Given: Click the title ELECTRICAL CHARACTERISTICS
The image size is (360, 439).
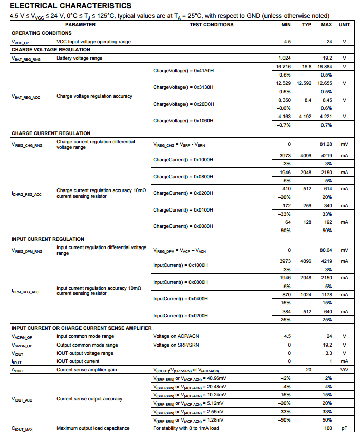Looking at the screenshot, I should tap(70, 6).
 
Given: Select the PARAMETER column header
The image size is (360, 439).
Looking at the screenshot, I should tap(80, 25).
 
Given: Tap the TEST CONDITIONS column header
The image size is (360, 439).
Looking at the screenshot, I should tap(211, 25).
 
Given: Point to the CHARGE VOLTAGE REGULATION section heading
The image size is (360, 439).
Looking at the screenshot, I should tap(51, 50).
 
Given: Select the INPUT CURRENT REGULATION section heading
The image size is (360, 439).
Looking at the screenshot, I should tap(48, 239).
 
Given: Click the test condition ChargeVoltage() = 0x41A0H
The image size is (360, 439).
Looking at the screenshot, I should tap(183, 71).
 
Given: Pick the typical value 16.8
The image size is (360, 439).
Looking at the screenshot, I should tap(307, 67).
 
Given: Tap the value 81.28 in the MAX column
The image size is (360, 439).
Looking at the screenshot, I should tap(326, 145).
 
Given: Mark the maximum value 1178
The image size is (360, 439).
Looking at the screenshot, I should tap(326, 295).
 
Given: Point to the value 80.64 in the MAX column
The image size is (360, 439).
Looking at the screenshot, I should tap(326, 250).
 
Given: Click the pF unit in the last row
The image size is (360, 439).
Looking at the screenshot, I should tap(344, 428).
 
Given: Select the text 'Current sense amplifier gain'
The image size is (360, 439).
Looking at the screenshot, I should tap(86, 370).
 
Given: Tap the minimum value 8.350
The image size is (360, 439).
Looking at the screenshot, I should tap(284, 100).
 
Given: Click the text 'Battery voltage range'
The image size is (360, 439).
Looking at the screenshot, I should tap(79, 58).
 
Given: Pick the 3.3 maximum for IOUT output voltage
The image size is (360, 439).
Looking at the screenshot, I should tap(328, 353).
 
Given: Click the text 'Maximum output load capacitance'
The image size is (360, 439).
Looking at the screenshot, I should tap(93, 428).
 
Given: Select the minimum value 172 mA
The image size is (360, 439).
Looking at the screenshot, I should tap(286, 206).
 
